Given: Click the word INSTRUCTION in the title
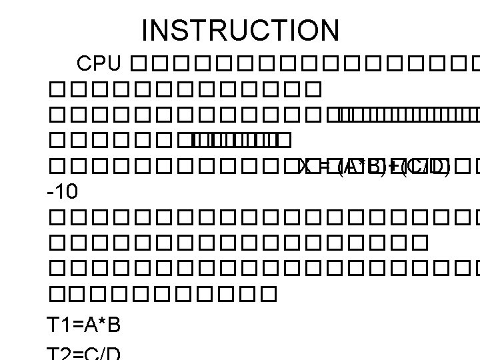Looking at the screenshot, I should (x=241, y=30).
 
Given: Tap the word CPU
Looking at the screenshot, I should (x=99, y=64).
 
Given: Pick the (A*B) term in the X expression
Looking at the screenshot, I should (x=361, y=165).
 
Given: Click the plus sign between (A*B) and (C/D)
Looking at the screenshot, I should (x=391, y=165).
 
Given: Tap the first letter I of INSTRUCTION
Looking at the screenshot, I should (x=147, y=30).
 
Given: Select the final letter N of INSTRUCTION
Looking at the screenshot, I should (x=329, y=30).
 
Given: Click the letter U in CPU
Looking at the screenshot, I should (x=113, y=64).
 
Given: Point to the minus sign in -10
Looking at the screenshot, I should (x=51, y=194).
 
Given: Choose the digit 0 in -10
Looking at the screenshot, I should (x=72, y=193).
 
